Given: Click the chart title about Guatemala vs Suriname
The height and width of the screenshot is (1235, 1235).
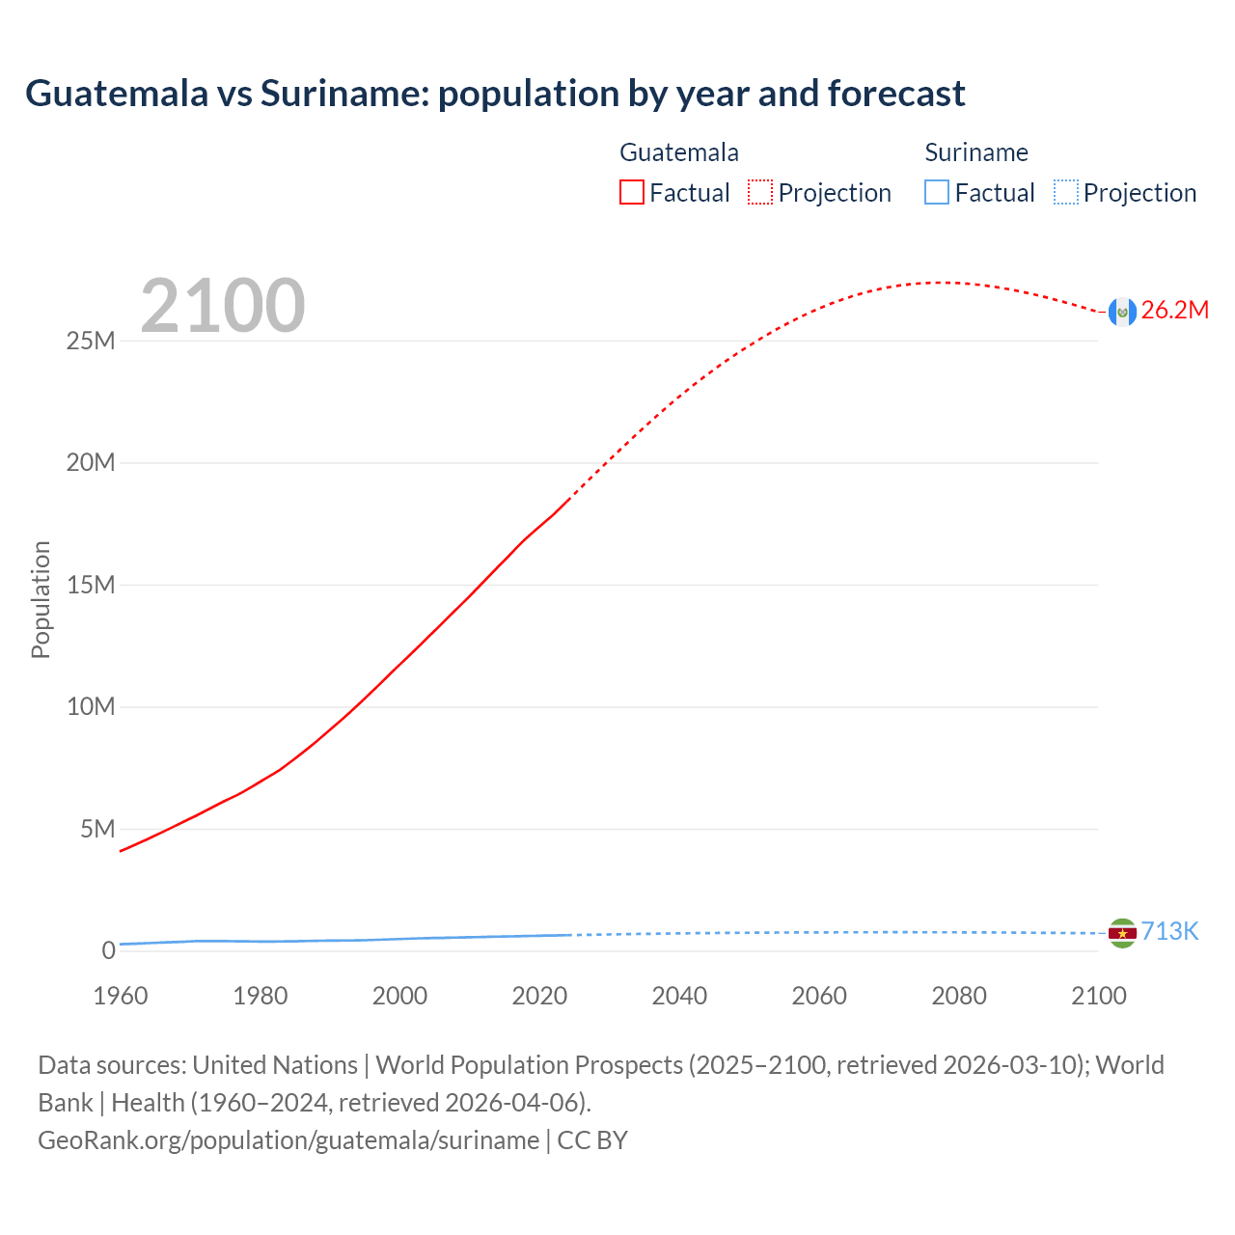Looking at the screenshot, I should [495, 94].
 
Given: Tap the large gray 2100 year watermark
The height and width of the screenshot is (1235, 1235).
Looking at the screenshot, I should [223, 306].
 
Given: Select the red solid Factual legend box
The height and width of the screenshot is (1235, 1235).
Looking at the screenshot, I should [631, 193].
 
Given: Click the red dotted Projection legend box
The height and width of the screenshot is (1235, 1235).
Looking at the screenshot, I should [760, 193].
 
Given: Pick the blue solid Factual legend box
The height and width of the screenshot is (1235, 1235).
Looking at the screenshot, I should [936, 193].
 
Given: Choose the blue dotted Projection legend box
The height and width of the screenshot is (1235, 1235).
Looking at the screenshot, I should [1065, 193].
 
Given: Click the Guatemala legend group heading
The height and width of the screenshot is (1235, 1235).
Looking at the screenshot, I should [678, 152].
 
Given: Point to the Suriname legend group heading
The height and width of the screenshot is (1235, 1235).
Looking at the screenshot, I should [975, 152].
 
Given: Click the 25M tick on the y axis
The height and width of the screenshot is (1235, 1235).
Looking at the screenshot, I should [91, 342].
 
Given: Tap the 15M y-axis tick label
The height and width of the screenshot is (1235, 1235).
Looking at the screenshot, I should [91, 586].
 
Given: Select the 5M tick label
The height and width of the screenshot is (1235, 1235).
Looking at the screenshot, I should [96, 830].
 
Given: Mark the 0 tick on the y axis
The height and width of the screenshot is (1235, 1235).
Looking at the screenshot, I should [108, 951].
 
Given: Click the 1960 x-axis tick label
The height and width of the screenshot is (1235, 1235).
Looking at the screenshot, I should [121, 996].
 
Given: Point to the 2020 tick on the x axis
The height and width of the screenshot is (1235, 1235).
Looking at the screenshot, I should [539, 996].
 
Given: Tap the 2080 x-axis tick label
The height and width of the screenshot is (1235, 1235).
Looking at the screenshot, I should [959, 996].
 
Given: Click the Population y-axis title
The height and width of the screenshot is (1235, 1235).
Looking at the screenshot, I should [41, 599].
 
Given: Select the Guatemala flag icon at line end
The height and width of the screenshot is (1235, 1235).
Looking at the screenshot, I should [1122, 312].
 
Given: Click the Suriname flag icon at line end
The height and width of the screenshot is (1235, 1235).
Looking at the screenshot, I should [1122, 933].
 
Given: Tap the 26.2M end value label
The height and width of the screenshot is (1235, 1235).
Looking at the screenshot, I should [1174, 310].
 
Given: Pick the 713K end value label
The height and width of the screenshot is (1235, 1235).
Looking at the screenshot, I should [1169, 931].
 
